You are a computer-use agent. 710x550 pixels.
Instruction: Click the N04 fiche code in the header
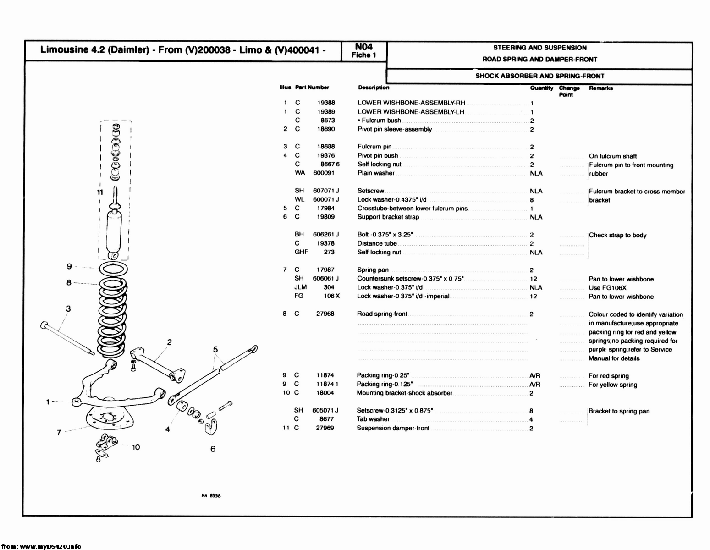[364, 47]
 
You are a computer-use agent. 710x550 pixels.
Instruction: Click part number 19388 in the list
[326, 103]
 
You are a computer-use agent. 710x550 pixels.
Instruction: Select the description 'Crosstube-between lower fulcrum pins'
[412, 209]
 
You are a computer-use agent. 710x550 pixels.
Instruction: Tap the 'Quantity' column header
[541, 88]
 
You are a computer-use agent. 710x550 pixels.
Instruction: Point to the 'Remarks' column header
[600, 88]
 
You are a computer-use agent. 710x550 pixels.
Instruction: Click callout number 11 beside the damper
[99, 192]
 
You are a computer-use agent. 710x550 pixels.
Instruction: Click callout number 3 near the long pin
[68, 309]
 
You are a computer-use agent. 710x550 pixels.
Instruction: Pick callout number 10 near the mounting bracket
[136, 447]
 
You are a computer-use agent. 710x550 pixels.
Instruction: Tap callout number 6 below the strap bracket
[213, 449]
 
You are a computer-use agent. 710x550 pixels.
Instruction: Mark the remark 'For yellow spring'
[612, 385]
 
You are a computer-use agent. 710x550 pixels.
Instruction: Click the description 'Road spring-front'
[382, 314]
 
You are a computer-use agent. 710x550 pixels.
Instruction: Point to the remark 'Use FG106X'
[607, 288]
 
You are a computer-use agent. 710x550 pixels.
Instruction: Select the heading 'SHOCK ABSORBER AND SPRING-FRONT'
[539, 76]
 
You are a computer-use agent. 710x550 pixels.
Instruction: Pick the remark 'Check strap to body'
[617, 236]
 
